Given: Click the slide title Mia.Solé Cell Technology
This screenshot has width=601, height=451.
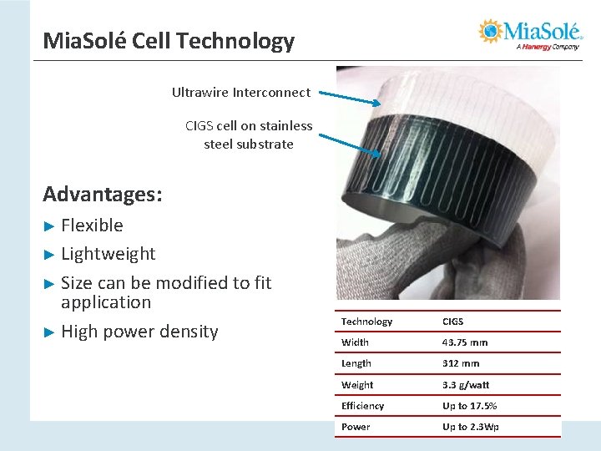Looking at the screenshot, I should click(169, 41).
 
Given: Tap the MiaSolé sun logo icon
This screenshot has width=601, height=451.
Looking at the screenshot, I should click(491, 32).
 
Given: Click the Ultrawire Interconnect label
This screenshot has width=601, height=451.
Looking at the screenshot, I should click(240, 93).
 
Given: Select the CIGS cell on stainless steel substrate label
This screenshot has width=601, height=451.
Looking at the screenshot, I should click(249, 135).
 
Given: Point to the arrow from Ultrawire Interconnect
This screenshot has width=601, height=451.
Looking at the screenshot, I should click(351, 99).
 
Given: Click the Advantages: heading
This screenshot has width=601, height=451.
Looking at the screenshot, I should click(103, 195).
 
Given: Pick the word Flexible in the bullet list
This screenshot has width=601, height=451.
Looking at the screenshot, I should click(92, 225).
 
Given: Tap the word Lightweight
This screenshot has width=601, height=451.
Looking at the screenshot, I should click(109, 254).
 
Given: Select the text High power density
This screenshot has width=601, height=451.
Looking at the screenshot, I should click(139, 332).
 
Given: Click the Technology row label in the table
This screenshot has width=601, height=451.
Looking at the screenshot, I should click(366, 322).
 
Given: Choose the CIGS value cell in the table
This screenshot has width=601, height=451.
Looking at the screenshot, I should click(452, 322).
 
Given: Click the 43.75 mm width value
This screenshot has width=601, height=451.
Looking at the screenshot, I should click(465, 342).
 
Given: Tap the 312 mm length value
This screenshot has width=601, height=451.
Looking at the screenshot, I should click(461, 363).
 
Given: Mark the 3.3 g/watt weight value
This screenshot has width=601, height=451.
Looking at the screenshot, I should click(466, 385).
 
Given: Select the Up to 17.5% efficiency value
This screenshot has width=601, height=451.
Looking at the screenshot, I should click(469, 406).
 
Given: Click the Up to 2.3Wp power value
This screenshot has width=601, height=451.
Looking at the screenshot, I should click(470, 427).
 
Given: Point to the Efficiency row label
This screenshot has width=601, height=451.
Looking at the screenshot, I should click(362, 406).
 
